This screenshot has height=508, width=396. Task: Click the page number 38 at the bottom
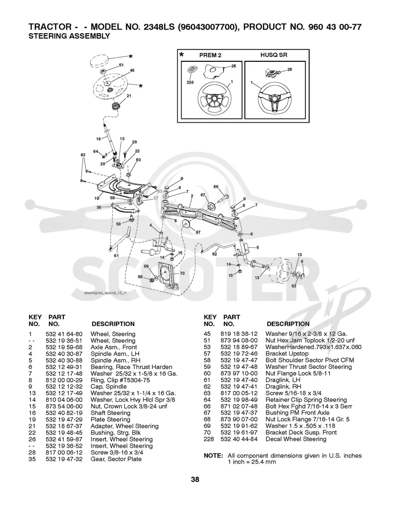pos(195,479)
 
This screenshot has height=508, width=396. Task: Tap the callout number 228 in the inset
pos(190,82)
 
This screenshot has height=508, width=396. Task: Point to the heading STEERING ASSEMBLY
pos(69,36)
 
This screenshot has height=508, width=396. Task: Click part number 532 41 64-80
pos(64,334)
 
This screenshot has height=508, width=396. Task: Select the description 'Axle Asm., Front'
pos(114,347)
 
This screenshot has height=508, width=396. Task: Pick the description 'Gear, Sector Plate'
pos(116,459)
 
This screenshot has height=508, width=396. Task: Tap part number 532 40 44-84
pos(239,439)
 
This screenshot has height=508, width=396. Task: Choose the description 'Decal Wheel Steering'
pos(296,439)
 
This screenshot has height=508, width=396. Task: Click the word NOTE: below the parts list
pos(213,456)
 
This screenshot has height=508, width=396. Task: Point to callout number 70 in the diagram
pos(182,273)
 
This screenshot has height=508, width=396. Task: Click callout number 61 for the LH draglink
pos(116,256)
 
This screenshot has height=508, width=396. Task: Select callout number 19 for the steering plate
pos(97,198)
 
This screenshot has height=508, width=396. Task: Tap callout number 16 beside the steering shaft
pos(99,139)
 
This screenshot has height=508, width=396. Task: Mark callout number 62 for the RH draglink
pos(214,254)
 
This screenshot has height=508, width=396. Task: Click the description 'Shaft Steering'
pos(110,413)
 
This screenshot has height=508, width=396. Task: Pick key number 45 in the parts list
pos(207,334)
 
